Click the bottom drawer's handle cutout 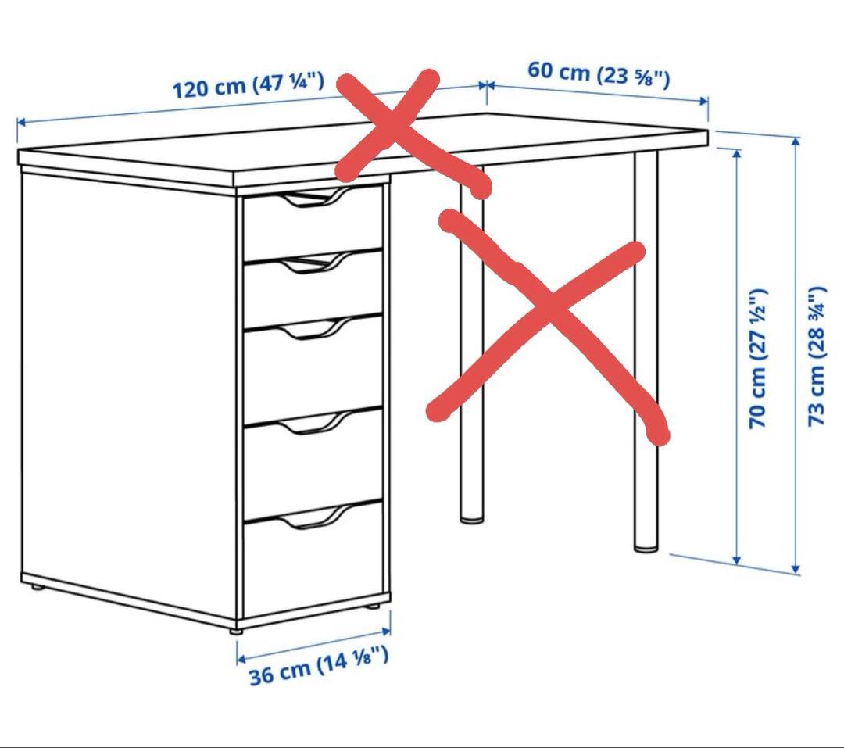313,517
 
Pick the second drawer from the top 313,286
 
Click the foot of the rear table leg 471,517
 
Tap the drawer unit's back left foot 35,585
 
